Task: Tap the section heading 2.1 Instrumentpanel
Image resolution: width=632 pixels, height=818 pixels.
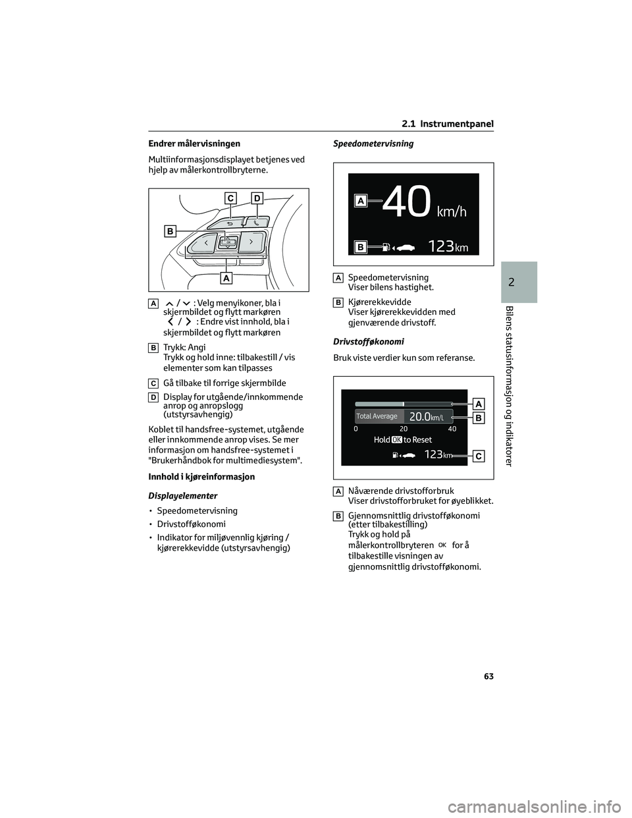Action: coord(447,124)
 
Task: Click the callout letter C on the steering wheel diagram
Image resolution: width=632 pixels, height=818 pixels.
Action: coord(230,198)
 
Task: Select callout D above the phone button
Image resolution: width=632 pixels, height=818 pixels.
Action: coord(257,198)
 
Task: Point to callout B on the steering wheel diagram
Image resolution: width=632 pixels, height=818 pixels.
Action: coord(170,231)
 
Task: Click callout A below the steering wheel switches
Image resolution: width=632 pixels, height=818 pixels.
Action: coord(226,278)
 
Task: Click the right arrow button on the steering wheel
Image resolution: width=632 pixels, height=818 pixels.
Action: coord(251,242)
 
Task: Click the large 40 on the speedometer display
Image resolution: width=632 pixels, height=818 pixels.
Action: coord(407,202)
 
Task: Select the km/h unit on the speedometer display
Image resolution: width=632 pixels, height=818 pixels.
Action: coord(452,211)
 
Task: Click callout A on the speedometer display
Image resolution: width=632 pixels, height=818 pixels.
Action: coord(360,200)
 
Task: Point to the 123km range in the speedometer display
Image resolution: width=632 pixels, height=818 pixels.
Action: coord(448,247)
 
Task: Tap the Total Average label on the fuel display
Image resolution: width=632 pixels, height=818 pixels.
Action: coord(377,416)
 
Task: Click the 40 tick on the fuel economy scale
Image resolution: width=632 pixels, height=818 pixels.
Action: coord(452,429)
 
